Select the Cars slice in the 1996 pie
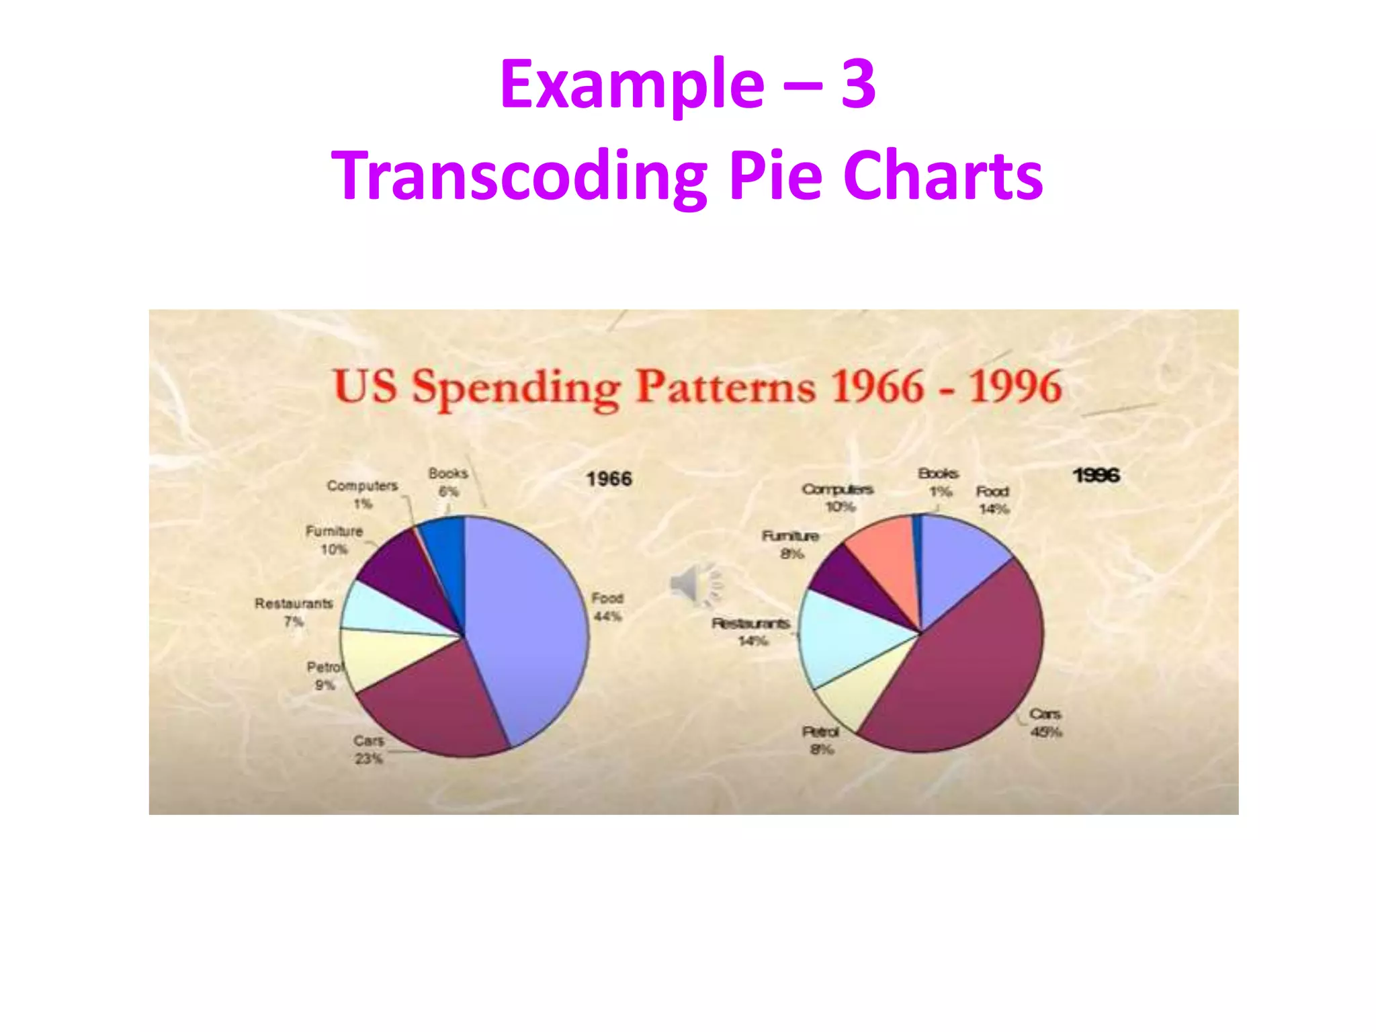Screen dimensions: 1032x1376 [x=967, y=672]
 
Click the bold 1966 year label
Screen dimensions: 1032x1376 [x=609, y=479]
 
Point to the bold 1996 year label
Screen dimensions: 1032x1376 [x=1096, y=476]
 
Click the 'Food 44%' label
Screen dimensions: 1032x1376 [x=607, y=607]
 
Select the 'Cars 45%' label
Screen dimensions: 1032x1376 [x=1045, y=722]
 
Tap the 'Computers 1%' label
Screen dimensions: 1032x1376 [x=362, y=494]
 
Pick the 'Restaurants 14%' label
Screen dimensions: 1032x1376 [x=751, y=632]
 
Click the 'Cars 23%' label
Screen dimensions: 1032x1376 [x=368, y=749]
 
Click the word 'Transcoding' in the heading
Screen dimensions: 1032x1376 [x=517, y=176]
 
